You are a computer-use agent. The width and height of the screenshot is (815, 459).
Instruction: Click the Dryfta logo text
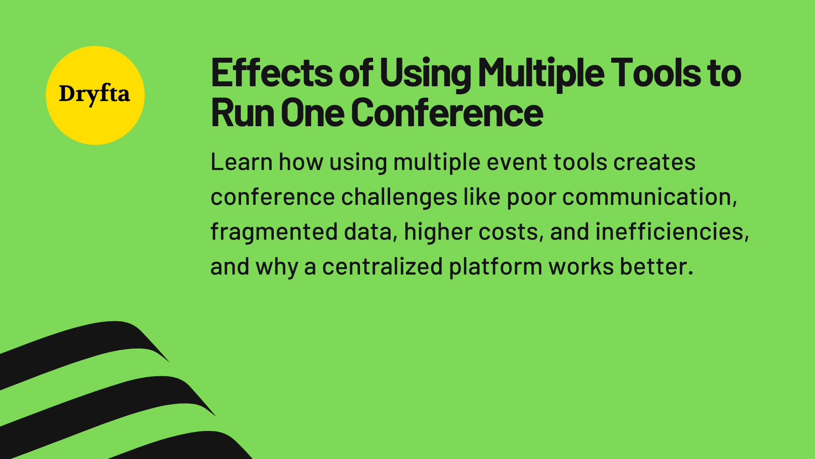(x=94, y=94)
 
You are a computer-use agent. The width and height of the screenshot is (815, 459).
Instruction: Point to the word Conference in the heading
(x=447, y=113)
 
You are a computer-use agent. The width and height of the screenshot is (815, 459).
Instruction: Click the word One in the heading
(x=312, y=113)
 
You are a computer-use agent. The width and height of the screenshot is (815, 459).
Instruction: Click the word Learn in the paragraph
(x=241, y=162)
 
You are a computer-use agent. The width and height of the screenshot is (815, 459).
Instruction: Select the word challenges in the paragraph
(x=399, y=197)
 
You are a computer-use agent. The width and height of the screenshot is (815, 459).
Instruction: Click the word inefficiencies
(x=672, y=232)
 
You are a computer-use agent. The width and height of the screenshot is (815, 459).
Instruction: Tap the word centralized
(x=382, y=267)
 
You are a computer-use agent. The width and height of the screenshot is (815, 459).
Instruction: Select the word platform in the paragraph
(x=495, y=267)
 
